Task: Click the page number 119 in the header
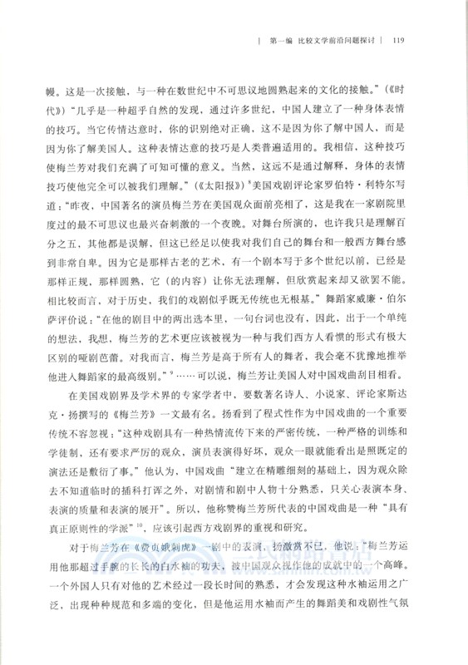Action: click(397, 39)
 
